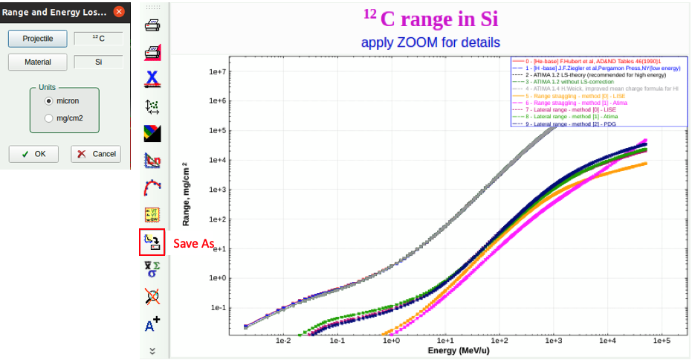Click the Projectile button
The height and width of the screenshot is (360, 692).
[x=37, y=38]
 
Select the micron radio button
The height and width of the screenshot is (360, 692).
[x=49, y=100]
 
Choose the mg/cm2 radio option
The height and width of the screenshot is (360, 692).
[x=49, y=118]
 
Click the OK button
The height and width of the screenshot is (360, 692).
[x=33, y=154]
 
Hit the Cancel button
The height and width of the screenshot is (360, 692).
[x=95, y=154]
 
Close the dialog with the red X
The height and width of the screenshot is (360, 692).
[x=118, y=12]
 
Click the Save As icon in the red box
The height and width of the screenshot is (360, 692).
[x=152, y=243]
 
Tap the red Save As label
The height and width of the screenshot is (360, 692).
[x=194, y=244]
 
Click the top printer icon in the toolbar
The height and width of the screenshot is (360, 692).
[x=152, y=25]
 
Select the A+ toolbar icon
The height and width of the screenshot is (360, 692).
[x=152, y=324]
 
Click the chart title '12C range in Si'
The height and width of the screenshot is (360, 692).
[x=430, y=19]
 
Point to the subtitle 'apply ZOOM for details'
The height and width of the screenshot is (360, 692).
[x=430, y=42]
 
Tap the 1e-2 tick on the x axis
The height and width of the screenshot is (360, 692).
[x=283, y=341]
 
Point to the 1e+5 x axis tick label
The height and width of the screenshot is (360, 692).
[x=662, y=341]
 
